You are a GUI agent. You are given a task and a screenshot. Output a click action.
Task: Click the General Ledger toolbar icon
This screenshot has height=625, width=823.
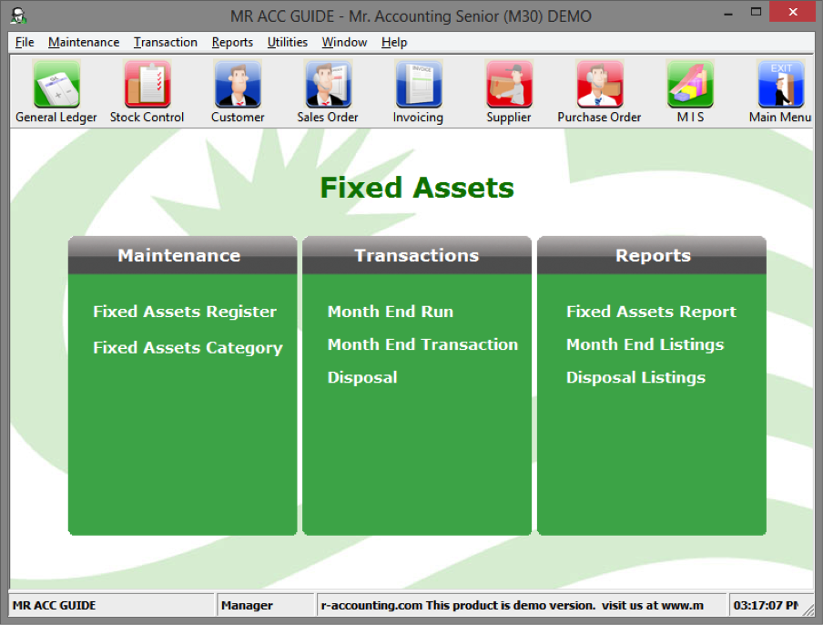tap(56, 84)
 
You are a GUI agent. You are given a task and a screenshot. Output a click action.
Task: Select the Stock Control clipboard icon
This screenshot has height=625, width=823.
tap(147, 84)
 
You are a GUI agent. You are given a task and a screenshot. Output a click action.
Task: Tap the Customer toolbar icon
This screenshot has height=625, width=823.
tap(238, 84)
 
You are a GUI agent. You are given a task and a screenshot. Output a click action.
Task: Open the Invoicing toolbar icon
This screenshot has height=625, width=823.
tap(418, 84)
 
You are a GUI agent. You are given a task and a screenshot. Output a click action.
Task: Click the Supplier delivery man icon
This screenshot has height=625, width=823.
tap(509, 84)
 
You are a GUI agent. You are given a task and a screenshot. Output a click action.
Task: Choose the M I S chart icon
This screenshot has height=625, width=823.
tap(690, 84)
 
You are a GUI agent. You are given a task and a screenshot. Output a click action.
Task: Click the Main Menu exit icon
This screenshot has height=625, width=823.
tap(780, 84)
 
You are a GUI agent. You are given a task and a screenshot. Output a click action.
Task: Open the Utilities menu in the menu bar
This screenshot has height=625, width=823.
tap(287, 42)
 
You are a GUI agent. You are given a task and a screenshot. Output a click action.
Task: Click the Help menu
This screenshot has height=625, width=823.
tap(394, 42)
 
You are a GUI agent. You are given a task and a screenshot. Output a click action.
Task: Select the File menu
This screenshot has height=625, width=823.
tap(25, 42)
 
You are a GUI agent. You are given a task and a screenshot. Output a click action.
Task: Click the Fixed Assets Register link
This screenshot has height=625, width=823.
tap(185, 312)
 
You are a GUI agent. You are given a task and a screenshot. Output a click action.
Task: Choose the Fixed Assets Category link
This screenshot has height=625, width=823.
tap(188, 348)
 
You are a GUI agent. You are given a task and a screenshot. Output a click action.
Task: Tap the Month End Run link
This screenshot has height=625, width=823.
tap(391, 312)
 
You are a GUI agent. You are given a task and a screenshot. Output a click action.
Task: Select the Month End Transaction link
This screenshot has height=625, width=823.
tap(422, 344)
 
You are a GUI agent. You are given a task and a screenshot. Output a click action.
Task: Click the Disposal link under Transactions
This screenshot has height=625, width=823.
tap(362, 377)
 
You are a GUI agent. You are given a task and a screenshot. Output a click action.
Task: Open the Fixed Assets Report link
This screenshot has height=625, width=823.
tap(651, 312)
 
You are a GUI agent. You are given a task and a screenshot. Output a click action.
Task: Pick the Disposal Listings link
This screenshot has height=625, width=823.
tap(635, 377)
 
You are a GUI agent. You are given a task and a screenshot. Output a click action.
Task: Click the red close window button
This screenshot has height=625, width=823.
tap(793, 12)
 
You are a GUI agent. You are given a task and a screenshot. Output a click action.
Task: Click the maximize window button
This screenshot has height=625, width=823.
tap(756, 12)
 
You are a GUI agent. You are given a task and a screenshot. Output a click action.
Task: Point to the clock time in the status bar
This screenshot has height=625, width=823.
tap(766, 605)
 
